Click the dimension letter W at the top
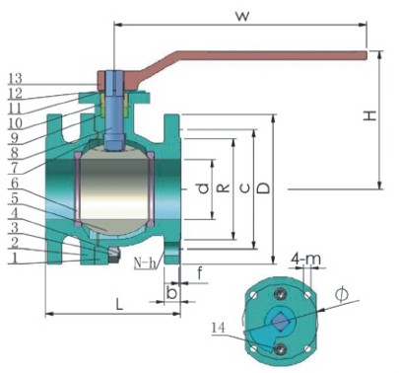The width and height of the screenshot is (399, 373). (242, 16)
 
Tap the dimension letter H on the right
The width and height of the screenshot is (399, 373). (369, 115)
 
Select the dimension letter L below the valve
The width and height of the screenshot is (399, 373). (119, 304)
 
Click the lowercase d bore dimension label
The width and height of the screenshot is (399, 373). (204, 188)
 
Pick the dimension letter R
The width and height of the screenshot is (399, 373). (224, 187)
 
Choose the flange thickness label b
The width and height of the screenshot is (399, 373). (171, 293)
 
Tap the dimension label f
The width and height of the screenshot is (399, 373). (199, 273)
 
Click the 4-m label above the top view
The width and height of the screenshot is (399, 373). (306, 259)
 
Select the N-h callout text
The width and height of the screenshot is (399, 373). (145, 263)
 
